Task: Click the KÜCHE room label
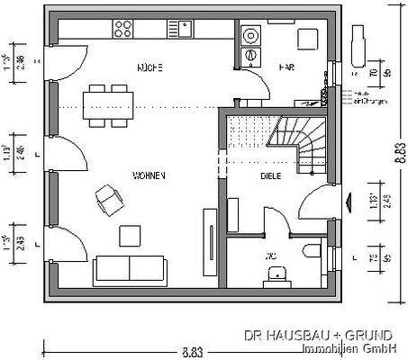tap(149, 68)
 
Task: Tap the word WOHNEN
tap(149, 175)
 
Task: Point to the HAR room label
tap(286, 67)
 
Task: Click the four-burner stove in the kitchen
tap(123, 28)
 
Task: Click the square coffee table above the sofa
tap(131, 234)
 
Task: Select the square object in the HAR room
tap(308, 39)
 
